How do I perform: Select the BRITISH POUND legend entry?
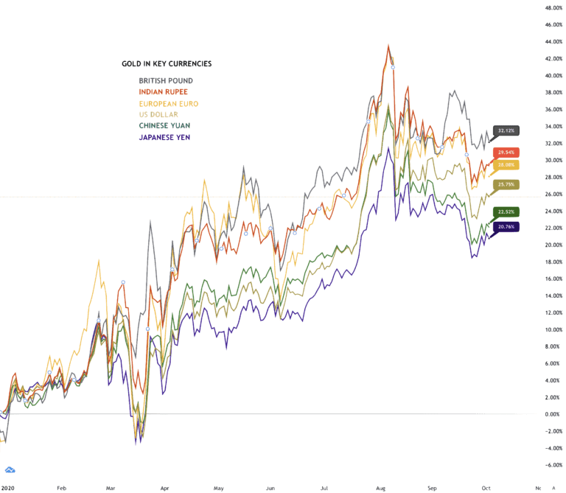point(167,80)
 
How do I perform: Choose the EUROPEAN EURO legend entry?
point(169,103)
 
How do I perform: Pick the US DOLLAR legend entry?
point(158,114)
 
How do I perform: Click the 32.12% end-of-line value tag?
point(506,130)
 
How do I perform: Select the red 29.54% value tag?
point(506,153)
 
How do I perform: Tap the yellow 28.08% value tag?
point(506,165)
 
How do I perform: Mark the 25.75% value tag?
point(506,184)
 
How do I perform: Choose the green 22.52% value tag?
point(506,212)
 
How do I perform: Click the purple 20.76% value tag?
point(506,228)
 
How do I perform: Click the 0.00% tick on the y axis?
point(554,414)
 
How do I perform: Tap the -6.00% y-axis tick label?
point(553,465)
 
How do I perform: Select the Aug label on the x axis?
point(380,488)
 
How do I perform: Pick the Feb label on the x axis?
point(62,488)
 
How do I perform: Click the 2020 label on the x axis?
point(8,488)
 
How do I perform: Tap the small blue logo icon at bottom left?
point(10,469)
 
